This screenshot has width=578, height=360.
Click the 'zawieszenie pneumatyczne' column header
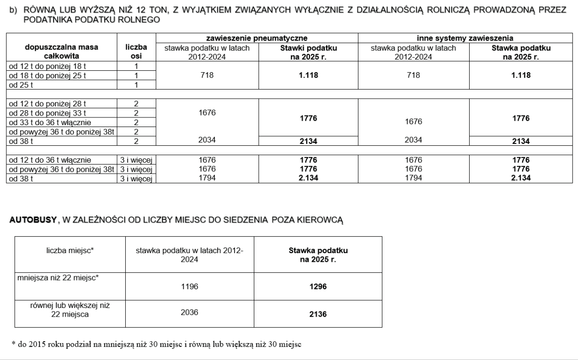click(x=256, y=38)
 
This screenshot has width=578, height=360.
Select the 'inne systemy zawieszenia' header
click(x=465, y=38)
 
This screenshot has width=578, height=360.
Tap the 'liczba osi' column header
click(x=136, y=51)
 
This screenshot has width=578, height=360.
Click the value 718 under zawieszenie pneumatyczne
click(x=207, y=75)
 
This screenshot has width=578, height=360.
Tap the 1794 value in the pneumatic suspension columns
click(x=207, y=178)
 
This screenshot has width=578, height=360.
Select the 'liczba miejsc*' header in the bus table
click(x=70, y=250)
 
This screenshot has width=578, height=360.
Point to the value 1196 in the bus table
click(x=189, y=286)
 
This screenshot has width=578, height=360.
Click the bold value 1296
click(x=318, y=286)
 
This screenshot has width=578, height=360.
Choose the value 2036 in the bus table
click(x=189, y=312)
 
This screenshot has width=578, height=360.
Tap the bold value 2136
click(x=318, y=314)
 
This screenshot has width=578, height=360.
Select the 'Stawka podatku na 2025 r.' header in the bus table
click(x=318, y=255)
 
